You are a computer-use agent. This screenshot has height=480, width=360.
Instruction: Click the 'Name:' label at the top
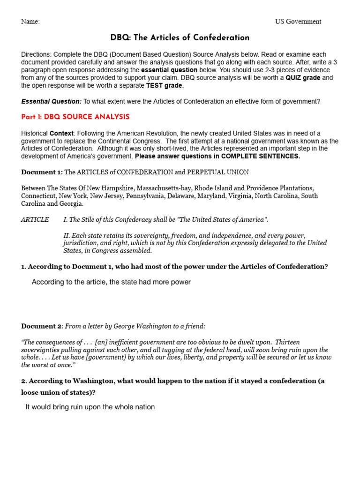(x=30, y=22)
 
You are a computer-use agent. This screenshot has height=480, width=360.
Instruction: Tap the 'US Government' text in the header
(x=298, y=22)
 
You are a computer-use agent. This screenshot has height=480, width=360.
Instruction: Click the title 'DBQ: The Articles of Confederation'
(x=180, y=38)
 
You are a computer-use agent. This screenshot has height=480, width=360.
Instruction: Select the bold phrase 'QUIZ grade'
(x=303, y=78)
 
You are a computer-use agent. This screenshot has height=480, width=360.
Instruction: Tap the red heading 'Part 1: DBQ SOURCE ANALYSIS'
(x=75, y=117)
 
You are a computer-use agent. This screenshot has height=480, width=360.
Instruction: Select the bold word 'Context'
(x=61, y=134)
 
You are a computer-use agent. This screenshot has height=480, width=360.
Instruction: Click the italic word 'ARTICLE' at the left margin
(x=35, y=219)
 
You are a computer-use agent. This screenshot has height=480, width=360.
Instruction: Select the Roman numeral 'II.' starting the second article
(x=66, y=235)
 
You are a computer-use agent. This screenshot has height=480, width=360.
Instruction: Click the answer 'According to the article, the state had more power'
(x=111, y=282)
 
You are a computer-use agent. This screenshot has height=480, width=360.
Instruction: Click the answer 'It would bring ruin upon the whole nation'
(x=90, y=407)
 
